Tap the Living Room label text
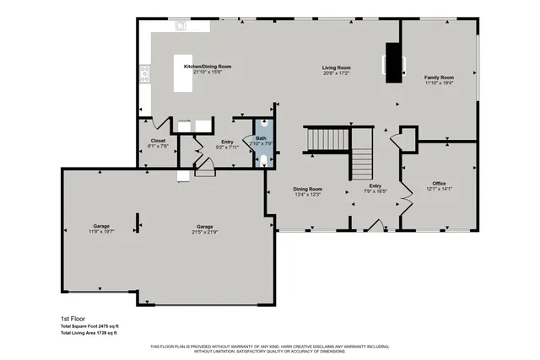(x=336, y=67)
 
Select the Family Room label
(x=438, y=78)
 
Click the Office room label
(x=439, y=183)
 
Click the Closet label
(x=158, y=140)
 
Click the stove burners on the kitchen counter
(x=145, y=74)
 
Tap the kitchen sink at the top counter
(x=181, y=26)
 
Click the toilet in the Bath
(x=263, y=160)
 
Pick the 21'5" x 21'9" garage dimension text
(x=205, y=231)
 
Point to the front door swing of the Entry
(x=372, y=224)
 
